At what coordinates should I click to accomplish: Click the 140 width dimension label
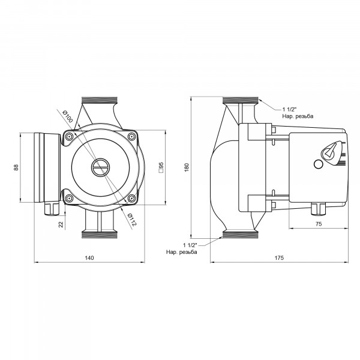click(89, 258)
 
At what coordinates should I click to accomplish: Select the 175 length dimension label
click(279, 258)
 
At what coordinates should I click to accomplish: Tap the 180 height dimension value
click(187, 167)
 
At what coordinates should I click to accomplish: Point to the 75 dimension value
click(319, 224)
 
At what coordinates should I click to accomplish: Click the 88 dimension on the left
click(16, 167)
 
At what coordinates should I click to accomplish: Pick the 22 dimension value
click(61, 224)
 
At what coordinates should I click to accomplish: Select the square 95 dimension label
click(161, 167)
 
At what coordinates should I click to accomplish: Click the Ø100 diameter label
click(67, 116)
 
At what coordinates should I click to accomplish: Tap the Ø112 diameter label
click(132, 220)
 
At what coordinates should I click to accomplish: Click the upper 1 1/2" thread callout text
click(298, 113)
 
